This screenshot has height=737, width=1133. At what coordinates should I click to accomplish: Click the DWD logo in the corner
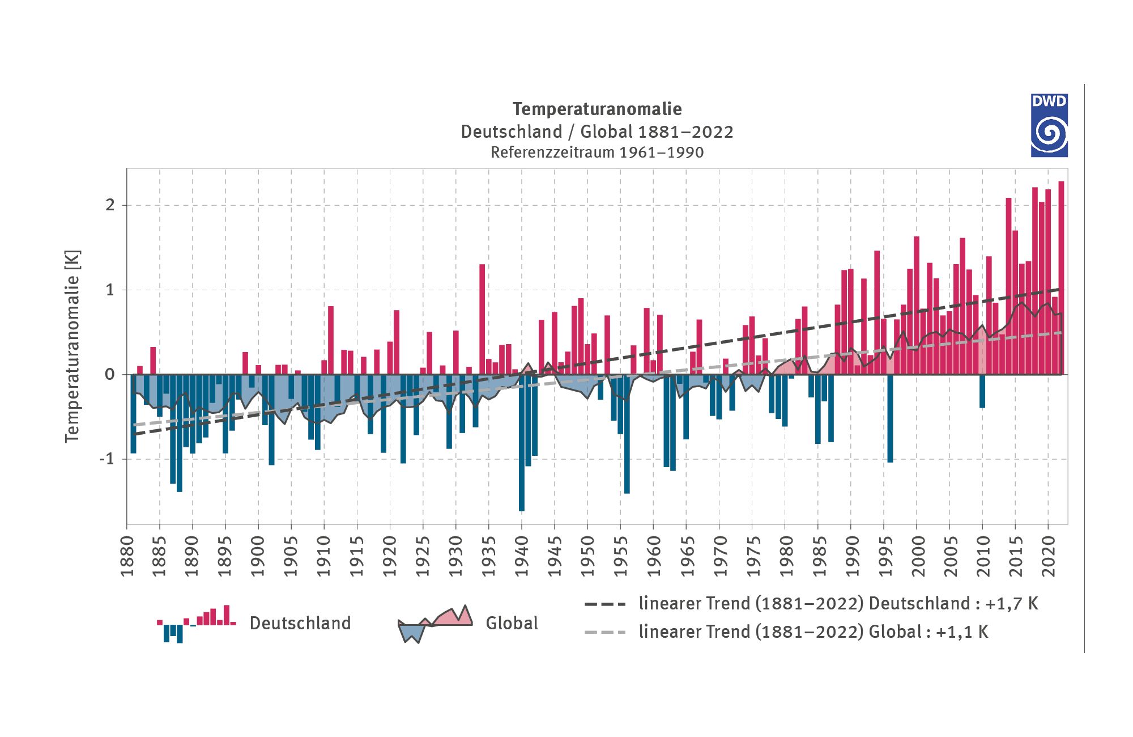(x=1049, y=125)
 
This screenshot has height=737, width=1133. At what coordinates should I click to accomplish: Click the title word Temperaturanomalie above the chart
(x=597, y=109)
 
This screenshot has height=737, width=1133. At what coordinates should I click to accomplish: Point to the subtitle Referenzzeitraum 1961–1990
(x=597, y=153)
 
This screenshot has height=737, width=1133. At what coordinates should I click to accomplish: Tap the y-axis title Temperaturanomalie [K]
(x=73, y=346)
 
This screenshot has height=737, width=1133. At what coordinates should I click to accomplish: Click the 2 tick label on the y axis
(x=110, y=205)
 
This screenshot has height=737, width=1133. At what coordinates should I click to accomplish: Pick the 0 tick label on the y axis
(x=110, y=374)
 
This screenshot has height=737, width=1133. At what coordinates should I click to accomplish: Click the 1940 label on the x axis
(x=522, y=556)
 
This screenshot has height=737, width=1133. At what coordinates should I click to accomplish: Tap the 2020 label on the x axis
(x=1049, y=556)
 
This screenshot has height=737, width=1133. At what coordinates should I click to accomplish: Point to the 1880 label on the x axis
(x=127, y=556)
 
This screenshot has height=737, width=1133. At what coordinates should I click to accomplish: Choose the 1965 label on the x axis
(x=687, y=556)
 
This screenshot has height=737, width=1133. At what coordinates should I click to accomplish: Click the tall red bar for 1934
(x=482, y=319)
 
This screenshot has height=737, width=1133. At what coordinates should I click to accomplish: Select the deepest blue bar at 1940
(x=522, y=442)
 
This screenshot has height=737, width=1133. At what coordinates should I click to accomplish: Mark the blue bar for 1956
(x=627, y=434)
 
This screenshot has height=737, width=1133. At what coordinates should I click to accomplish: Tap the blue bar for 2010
(x=982, y=391)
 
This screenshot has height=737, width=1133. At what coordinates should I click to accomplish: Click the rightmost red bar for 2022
(x=1061, y=278)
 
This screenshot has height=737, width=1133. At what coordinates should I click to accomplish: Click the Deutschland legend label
(x=300, y=623)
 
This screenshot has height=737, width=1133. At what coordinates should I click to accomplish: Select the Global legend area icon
(x=435, y=623)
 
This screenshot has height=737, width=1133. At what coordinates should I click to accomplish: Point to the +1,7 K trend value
(x=1012, y=604)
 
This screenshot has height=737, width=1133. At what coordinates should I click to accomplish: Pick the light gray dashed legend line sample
(x=605, y=632)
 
